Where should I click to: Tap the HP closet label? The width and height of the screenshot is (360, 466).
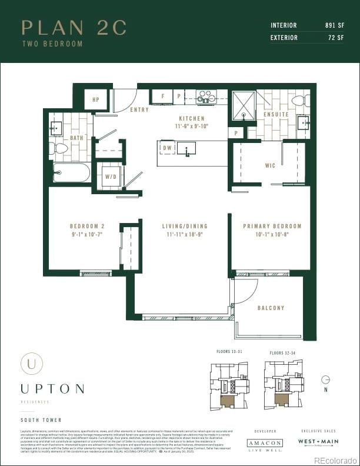click(x=95, y=99)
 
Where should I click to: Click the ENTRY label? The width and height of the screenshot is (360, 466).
click(x=139, y=109)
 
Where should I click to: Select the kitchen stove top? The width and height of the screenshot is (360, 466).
click(x=206, y=97)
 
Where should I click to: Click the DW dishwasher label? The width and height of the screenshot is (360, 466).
click(x=167, y=148)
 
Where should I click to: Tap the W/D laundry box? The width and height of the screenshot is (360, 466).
click(x=110, y=176)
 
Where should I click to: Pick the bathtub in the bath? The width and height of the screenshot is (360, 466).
click(x=71, y=172)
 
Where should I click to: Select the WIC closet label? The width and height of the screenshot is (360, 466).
click(x=269, y=165)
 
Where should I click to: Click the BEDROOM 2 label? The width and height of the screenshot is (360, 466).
click(x=86, y=226)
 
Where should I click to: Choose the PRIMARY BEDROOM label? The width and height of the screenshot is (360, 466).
click(x=272, y=226)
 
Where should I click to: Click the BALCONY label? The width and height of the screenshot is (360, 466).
click(x=271, y=308)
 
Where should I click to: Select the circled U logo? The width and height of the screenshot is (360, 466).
click(x=31, y=363)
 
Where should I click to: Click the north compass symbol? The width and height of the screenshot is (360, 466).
click(x=325, y=380)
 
